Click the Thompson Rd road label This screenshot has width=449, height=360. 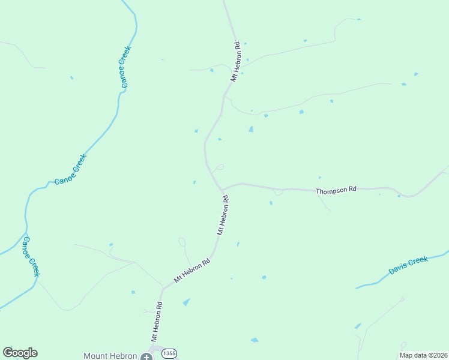click(x=336, y=190)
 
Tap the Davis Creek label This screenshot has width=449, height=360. click(x=408, y=265)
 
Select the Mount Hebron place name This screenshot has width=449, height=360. click(x=110, y=356)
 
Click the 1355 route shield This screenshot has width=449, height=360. click(x=169, y=354)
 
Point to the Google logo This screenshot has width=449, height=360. click(x=20, y=353)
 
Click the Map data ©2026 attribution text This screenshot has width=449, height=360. click(x=423, y=355)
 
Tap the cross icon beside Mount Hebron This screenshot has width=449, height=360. click(x=146, y=356)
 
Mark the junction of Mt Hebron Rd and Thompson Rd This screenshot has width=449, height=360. click(x=222, y=191)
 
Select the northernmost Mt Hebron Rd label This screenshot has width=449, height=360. click(x=235, y=61)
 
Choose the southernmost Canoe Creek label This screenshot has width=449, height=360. click(x=31, y=256)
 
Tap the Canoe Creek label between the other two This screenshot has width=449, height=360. click(x=71, y=169)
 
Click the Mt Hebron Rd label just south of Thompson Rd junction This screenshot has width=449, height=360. click(x=223, y=214)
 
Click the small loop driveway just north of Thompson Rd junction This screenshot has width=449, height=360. click(x=220, y=167)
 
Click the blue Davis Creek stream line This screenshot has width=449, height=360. click(x=372, y=282)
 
